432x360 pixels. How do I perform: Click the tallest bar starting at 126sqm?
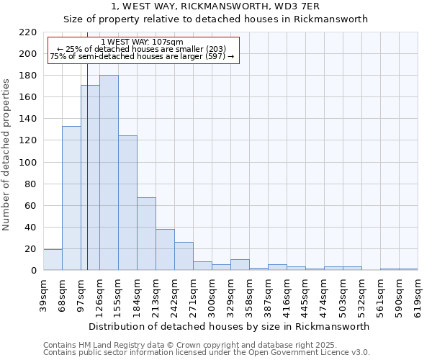coord(109,173)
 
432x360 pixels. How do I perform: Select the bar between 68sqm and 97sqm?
coord(71,198)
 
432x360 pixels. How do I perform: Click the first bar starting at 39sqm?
coord(53,260)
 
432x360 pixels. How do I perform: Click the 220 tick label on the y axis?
coord(29,32)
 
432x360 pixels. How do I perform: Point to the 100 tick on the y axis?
coord(29,163)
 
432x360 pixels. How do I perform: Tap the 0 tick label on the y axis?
coord(34,271)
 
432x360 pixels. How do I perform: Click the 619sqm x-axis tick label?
coord(418,292)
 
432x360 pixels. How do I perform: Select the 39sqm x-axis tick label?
coord(43,292)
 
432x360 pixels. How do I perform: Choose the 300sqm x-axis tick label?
coord(212,292)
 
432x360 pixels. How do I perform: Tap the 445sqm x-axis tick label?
coord(305,292)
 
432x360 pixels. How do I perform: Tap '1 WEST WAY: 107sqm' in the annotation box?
coord(142,42)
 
